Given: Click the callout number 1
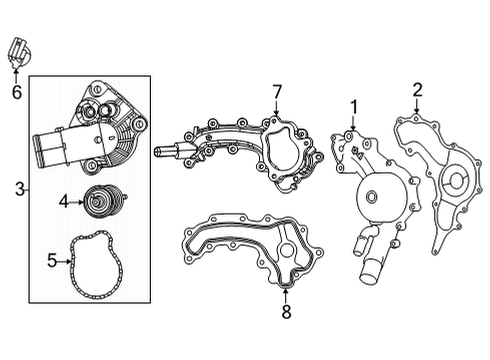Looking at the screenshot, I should point(353,107).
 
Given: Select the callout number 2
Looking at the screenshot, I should point(416,91).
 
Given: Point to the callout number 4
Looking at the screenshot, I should point(63,201).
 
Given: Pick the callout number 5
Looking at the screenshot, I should point(52,261).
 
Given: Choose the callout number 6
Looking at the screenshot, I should point(16,93).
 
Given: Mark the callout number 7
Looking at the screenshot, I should point(278,93).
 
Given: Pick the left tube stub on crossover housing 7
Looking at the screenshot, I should point(166,153).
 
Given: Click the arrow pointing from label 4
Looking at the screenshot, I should point(77,201).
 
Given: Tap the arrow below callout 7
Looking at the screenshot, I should point(278,110).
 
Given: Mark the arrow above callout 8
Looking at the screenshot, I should point(285,294).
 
